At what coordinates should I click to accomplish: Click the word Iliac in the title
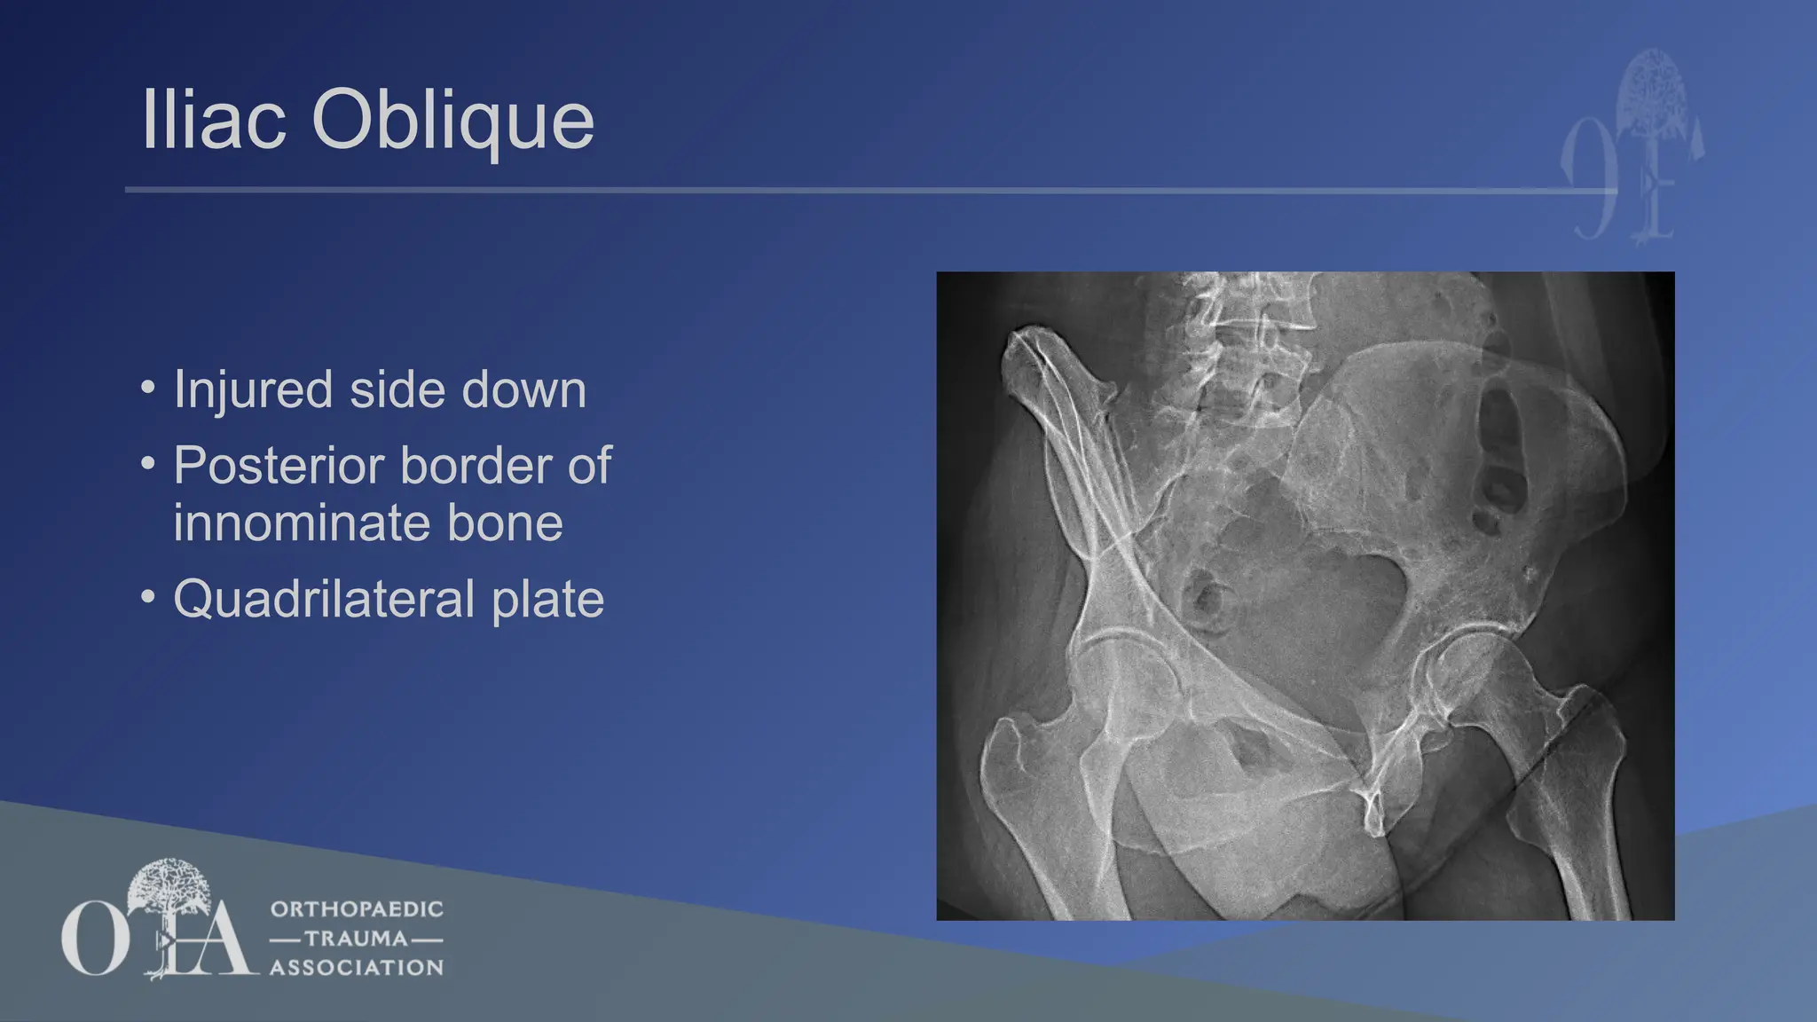[214, 120]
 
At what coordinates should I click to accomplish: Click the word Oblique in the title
[452, 122]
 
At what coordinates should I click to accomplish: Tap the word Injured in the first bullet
[253, 390]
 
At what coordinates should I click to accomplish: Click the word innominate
[302, 523]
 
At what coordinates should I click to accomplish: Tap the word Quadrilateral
[324, 599]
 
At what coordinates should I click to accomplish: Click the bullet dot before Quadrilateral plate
[148, 596]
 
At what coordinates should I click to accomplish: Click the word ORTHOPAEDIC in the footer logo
[357, 909]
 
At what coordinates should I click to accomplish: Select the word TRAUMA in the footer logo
[356, 939]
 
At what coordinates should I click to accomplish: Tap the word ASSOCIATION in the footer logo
[357, 968]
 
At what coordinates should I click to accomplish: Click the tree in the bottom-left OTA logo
[169, 892]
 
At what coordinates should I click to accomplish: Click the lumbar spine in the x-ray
[1242, 355]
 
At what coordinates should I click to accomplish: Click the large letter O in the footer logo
[92, 939]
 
